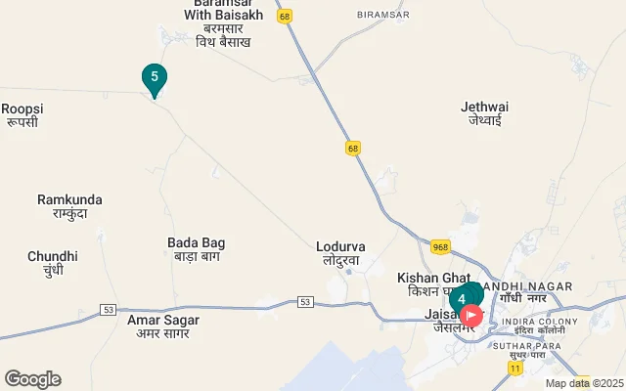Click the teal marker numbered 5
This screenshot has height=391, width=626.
tap(154, 78)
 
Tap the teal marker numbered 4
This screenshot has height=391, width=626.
tap(463, 299)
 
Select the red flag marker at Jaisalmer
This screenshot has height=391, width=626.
tap(471, 315)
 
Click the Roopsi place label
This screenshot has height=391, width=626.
tap(21, 114)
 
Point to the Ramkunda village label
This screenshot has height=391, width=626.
tap(69, 206)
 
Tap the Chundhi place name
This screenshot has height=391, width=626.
tap(46, 263)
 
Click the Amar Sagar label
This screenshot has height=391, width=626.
tap(162, 326)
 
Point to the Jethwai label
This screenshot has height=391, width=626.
tap(484, 113)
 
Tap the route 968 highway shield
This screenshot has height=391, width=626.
tap(440, 247)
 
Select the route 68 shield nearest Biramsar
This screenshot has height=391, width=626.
tap(284, 16)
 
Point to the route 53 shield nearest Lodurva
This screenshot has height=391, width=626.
tap(306, 303)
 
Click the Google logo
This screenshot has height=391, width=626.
tap(32, 379)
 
